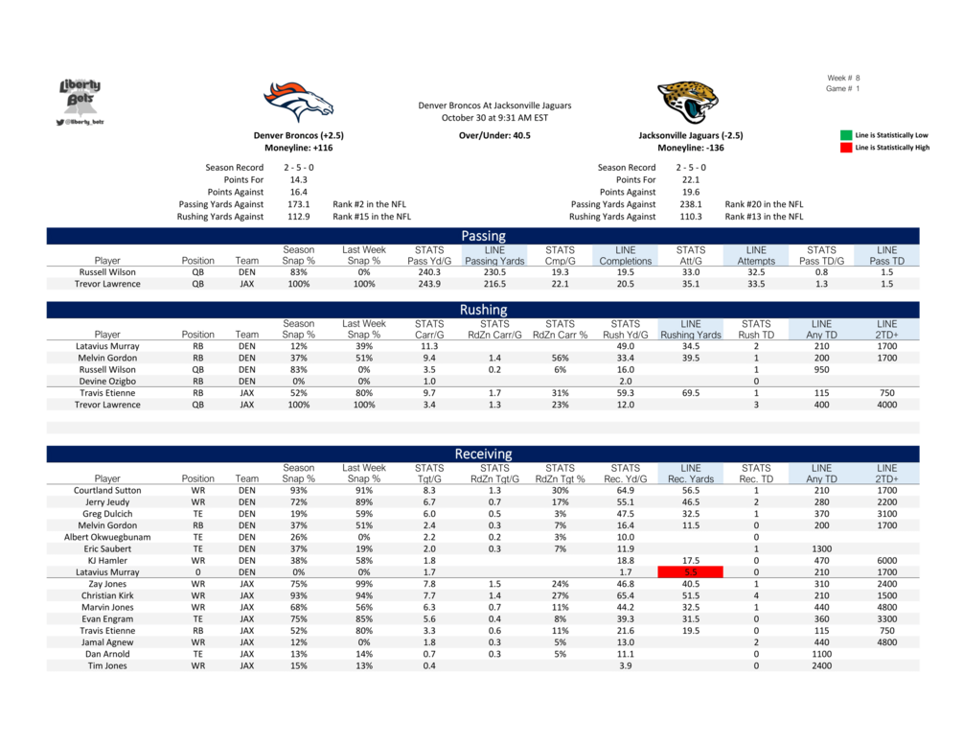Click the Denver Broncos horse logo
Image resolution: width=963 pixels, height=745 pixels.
click(299, 101)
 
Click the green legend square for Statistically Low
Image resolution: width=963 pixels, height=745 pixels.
click(846, 135)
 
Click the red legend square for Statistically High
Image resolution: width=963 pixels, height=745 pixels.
click(846, 148)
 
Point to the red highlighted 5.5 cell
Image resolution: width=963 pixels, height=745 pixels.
click(690, 571)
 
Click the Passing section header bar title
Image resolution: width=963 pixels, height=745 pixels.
click(483, 236)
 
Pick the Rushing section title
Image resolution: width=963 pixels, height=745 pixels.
click(483, 310)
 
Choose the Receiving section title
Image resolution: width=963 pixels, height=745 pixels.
click(483, 454)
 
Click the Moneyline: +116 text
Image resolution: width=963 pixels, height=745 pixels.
click(298, 149)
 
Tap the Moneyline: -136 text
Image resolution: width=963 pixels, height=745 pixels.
click(690, 149)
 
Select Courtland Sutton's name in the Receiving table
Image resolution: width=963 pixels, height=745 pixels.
click(107, 490)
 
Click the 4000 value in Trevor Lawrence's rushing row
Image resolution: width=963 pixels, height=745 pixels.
click(885, 405)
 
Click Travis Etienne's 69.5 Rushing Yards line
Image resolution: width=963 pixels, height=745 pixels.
click(690, 393)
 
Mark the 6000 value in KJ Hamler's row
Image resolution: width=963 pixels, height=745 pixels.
click(885, 560)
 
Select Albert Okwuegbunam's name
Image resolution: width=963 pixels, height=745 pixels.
click(107, 537)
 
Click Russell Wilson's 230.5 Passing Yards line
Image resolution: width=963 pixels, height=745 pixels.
click(494, 272)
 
